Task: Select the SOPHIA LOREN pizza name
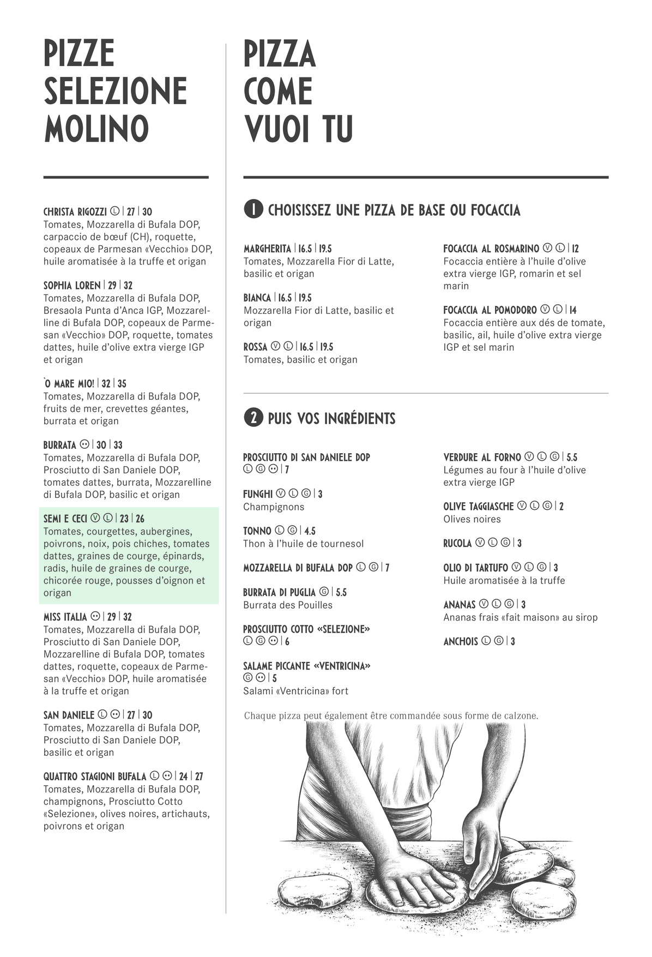72,285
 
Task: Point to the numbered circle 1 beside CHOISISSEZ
253,209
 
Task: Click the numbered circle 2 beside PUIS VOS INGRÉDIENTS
253,418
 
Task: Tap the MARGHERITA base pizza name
267,249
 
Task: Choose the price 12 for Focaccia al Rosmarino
575,249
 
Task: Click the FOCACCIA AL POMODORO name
490,310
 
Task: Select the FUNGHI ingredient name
257,494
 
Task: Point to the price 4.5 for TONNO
310,531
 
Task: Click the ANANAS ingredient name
459,604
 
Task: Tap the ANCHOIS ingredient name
460,641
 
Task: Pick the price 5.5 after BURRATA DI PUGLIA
341,592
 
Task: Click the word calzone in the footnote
521,715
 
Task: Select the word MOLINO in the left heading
96,128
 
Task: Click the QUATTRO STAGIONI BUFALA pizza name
95,776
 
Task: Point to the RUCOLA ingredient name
457,543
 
